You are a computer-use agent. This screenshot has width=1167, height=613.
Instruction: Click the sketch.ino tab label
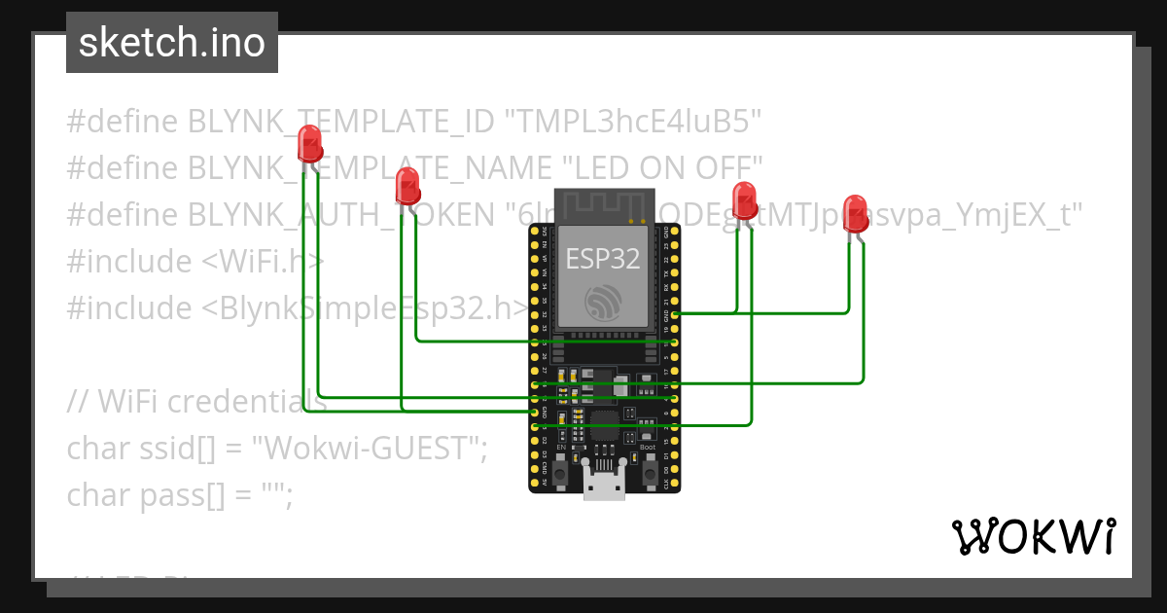(x=172, y=44)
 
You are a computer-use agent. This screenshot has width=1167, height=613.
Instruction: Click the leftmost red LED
(x=310, y=143)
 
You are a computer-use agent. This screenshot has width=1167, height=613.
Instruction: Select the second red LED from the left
(x=407, y=185)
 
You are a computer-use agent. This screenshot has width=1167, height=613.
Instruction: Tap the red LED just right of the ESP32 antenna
(x=744, y=199)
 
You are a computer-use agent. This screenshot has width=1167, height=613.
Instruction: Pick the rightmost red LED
(x=856, y=212)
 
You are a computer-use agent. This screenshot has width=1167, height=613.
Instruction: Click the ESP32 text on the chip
(x=604, y=259)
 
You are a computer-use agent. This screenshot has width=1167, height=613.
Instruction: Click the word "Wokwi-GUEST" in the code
(x=369, y=449)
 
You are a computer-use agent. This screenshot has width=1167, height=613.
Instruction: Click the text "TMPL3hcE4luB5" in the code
(x=631, y=122)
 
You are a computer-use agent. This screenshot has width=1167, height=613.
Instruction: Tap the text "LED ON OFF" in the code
(x=662, y=168)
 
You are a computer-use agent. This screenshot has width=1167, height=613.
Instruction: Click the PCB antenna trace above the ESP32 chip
(x=604, y=206)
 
